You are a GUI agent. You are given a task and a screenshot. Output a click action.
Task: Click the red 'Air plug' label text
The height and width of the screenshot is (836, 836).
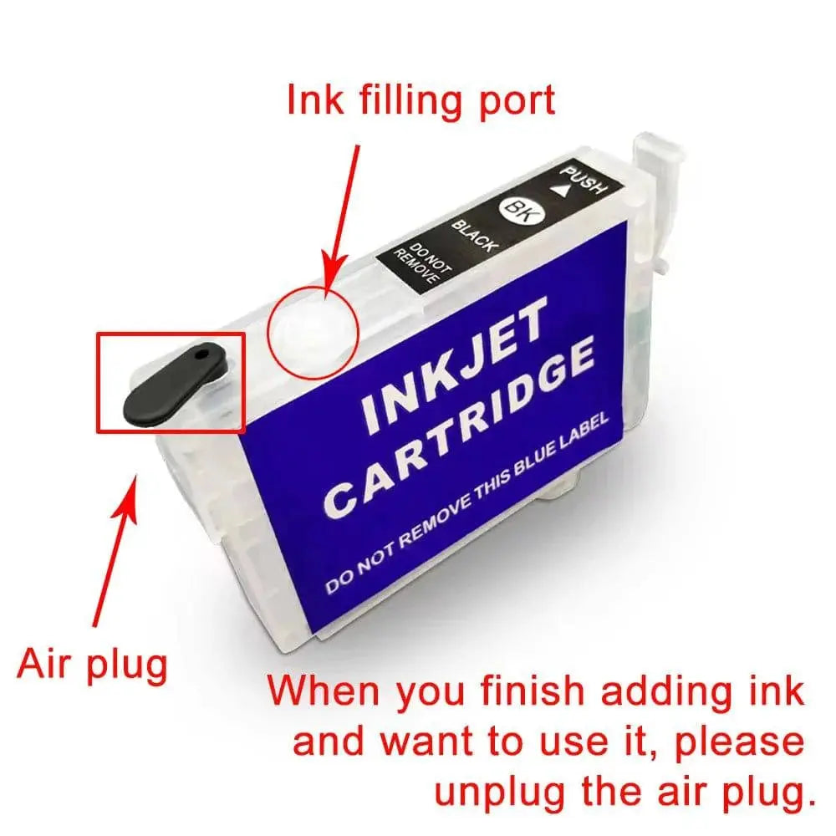click(x=92, y=665)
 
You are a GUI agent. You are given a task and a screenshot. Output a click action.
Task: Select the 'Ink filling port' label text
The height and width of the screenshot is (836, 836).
click(x=421, y=101)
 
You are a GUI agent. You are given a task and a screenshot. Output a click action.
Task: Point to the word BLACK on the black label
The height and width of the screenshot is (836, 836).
click(x=475, y=236)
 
